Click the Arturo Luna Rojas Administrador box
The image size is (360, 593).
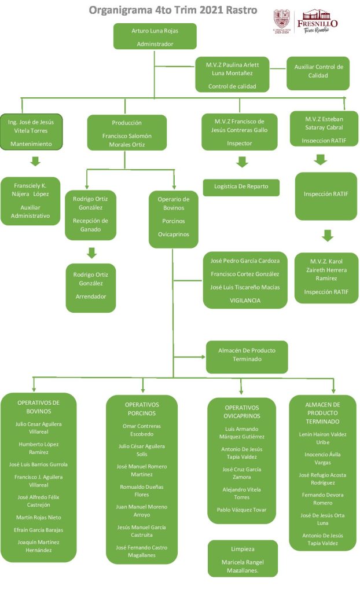pos(155,36)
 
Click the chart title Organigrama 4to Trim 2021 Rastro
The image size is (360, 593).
pos(173,10)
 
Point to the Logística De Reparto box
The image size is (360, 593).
pos(241,187)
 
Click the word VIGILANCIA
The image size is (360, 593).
pos(245,300)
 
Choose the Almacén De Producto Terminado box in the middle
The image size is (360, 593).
pos(247,356)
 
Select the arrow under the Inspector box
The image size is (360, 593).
pos(243,162)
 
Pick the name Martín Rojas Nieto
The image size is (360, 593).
pos(39,517)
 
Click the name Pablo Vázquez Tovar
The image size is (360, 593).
pos(241,510)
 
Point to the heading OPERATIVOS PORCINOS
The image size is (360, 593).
pos(142,409)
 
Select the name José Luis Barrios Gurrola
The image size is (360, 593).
pos(39,464)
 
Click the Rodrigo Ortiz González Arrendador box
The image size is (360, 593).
pos(91,288)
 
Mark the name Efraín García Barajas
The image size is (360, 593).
pos(39,530)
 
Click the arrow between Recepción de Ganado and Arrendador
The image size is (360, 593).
pos(91,252)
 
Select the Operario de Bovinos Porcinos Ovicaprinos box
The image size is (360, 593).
pos(174,217)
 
